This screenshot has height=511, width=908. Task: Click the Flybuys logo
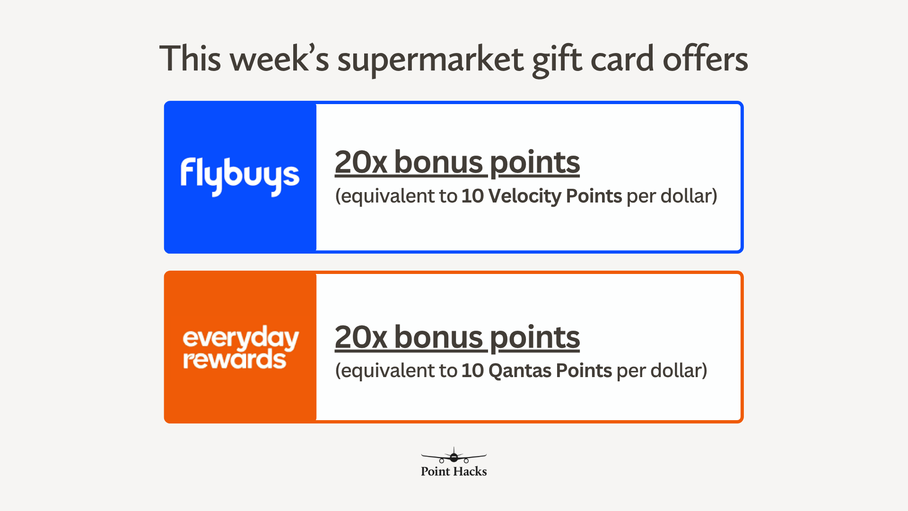click(x=240, y=176)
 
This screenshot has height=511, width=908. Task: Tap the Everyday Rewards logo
click(x=241, y=347)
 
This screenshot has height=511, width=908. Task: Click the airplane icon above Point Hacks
click(x=454, y=456)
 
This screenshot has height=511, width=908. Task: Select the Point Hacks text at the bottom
click(x=454, y=471)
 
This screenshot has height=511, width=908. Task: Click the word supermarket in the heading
click(x=430, y=60)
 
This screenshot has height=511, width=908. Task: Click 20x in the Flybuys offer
click(x=361, y=162)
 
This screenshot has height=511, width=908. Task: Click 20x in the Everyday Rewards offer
click(x=361, y=337)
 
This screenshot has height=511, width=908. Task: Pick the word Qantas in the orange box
click(x=520, y=370)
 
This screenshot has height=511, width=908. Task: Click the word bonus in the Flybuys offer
click(x=438, y=162)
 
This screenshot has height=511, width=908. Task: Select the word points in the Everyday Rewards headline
click(x=535, y=338)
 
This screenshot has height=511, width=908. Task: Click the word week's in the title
click(x=279, y=59)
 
